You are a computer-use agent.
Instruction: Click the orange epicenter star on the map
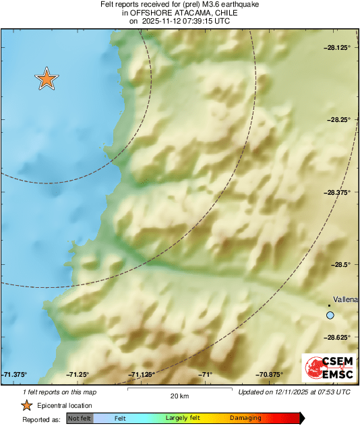(47, 79)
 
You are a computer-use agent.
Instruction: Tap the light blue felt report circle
(330, 315)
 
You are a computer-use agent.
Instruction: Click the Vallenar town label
(346, 299)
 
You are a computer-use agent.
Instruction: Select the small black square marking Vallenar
(330, 305)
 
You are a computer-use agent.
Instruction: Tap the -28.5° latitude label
(342, 264)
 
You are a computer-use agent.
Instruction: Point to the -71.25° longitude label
(78, 375)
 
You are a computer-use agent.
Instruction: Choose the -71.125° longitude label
(142, 375)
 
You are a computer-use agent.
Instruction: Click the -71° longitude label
(206, 375)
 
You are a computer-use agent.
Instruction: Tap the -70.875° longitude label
(269, 375)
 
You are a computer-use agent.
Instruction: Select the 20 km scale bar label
(179, 396)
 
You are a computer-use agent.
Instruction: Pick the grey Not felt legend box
(80, 419)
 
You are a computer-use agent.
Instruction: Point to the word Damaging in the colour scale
(245, 419)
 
